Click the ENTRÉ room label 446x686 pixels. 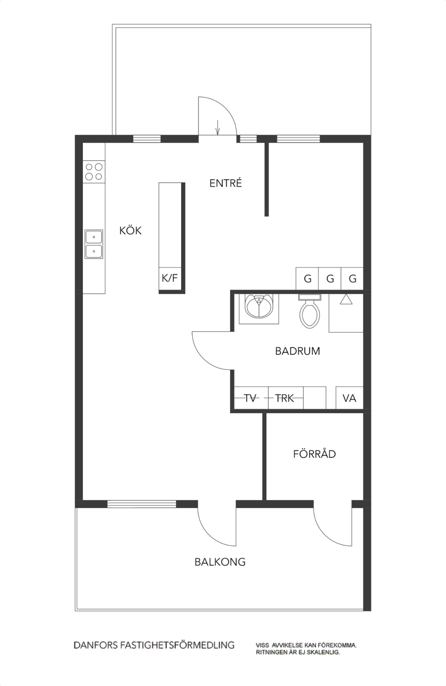click(x=225, y=183)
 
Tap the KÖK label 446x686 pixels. click(x=130, y=231)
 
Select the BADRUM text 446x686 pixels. click(x=298, y=351)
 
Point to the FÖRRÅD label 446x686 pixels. click(x=314, y=454)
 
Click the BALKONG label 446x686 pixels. click(x=220, y=562)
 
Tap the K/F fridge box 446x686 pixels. click(x=170, y=278)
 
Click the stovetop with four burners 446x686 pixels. click(x=94, y=171)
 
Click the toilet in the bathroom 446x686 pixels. click(x=310, y=311)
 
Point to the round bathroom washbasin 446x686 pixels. click(x=259, y=306)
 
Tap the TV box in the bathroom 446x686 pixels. click(x=251, y=398)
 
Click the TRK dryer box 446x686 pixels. click(x=285, y=398)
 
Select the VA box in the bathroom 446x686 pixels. click(x=350, y=398)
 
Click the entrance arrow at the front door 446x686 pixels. click(x=217, y=127)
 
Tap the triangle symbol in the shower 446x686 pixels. click(x=346, y=299)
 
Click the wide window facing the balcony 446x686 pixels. click(x=141, y=504)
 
